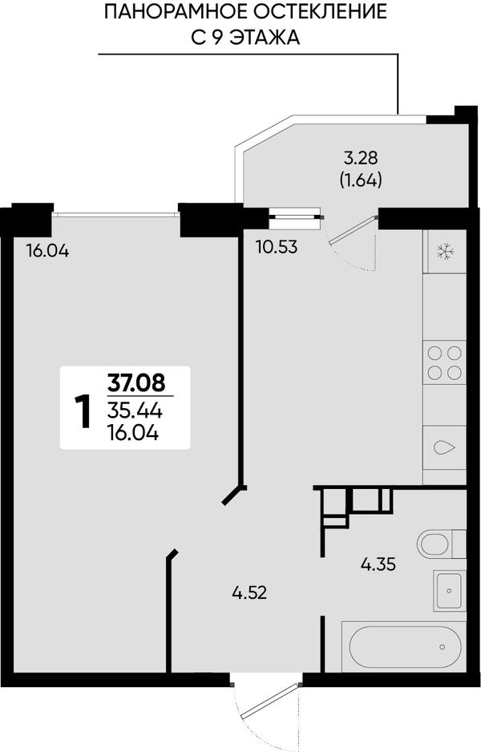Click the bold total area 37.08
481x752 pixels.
coord(136,383)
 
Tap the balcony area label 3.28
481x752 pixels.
coord(361,157)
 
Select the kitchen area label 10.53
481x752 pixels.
coord(277,248)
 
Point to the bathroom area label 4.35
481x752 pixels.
coord(378,564)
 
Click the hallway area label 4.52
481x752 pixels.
coord(249,593)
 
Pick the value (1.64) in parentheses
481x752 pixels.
coord(361,180)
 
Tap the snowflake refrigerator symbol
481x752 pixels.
coord(445,251)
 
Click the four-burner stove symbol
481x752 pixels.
coord(444,362)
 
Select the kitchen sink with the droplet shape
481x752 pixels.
coord(444,447)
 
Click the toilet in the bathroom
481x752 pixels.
coord(441,544)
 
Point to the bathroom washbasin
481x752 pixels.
coord(450,590)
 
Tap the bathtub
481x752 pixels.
coord(404,646)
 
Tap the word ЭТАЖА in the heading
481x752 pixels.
coord(265,38)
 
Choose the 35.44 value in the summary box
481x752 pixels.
coord(135,410)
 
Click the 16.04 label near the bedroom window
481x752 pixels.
coord(47,250)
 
